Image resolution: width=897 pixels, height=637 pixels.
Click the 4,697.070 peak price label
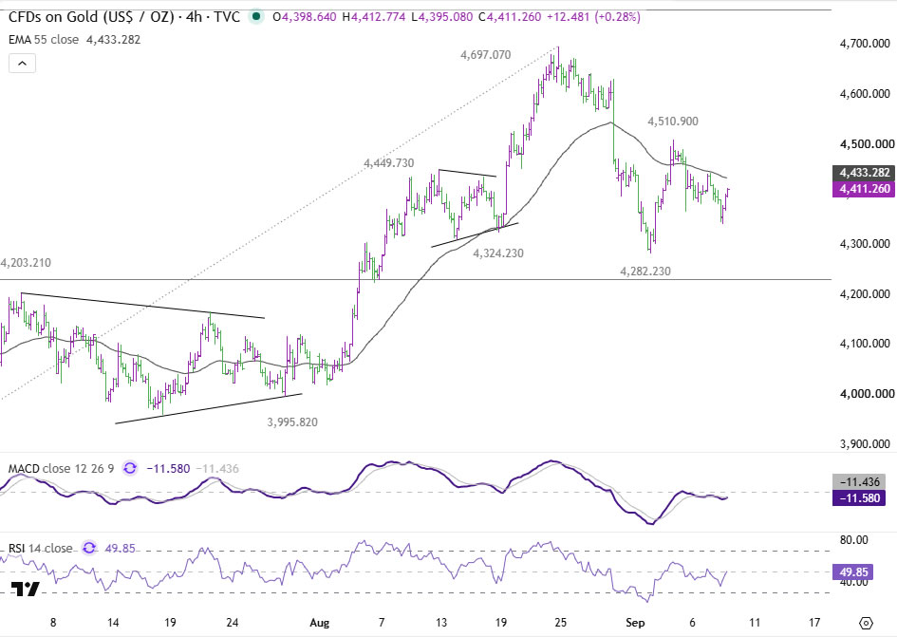pos(486,55)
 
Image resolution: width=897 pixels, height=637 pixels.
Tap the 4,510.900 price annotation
pos(673,122)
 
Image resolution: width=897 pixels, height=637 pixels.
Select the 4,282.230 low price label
pos(645,272)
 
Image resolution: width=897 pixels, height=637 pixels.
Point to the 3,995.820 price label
pos(292,422)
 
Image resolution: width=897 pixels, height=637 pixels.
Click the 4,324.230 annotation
pos(498,253)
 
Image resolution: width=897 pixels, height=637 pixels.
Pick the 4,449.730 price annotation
pos(389,163)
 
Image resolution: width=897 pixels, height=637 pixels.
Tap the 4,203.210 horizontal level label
pos(26,263)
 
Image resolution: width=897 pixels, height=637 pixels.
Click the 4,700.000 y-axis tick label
pos(865,44)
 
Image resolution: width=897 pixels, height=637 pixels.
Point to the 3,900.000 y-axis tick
pos(865,444)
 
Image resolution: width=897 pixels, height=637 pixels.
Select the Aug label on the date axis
pos(319,623)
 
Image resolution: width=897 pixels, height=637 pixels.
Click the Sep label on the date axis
pos(635,623)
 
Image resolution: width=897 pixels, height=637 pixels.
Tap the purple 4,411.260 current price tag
pos(864,189)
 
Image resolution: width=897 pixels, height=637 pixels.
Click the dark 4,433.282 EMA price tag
pos(864,172)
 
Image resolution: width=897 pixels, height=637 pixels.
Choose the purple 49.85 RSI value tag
pos(853,571)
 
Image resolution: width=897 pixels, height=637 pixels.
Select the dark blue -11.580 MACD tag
pos(859,498)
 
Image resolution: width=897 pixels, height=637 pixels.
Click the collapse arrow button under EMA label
pos(23,63)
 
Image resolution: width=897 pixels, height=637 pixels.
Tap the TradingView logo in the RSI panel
pos(26,589)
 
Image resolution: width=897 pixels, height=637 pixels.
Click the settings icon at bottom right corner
pos(866,623)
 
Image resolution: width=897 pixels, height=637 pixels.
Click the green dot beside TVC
pos(256,16)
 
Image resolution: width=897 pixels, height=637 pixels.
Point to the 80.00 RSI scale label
pos(854,540)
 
